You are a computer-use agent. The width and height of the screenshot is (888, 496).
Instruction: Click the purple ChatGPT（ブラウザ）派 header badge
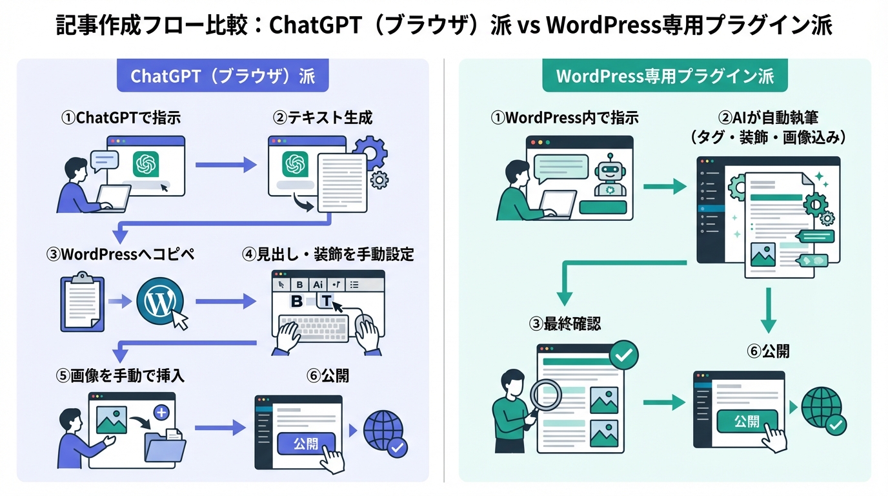coord(223,76)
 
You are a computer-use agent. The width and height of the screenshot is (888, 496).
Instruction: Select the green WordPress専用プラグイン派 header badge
coord(665,76)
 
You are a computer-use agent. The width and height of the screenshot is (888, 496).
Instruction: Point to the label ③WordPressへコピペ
coord(121,254)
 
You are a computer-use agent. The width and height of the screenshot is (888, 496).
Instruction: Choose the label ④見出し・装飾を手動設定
coord(328,254)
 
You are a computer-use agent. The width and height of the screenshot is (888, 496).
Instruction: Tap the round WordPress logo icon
coord(159,302)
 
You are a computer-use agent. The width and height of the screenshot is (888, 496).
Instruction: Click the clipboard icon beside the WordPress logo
coord(82,302)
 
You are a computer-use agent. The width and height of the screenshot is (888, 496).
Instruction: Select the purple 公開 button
coord(306,444)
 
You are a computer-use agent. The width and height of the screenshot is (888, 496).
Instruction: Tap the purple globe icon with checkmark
coord(385,433)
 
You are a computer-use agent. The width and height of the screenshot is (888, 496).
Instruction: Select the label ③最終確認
coord(565,324)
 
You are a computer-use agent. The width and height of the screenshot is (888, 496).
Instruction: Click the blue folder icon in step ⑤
coord(165,446)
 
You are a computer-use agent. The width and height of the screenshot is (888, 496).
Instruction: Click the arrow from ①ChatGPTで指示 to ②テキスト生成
coord(226,165)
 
